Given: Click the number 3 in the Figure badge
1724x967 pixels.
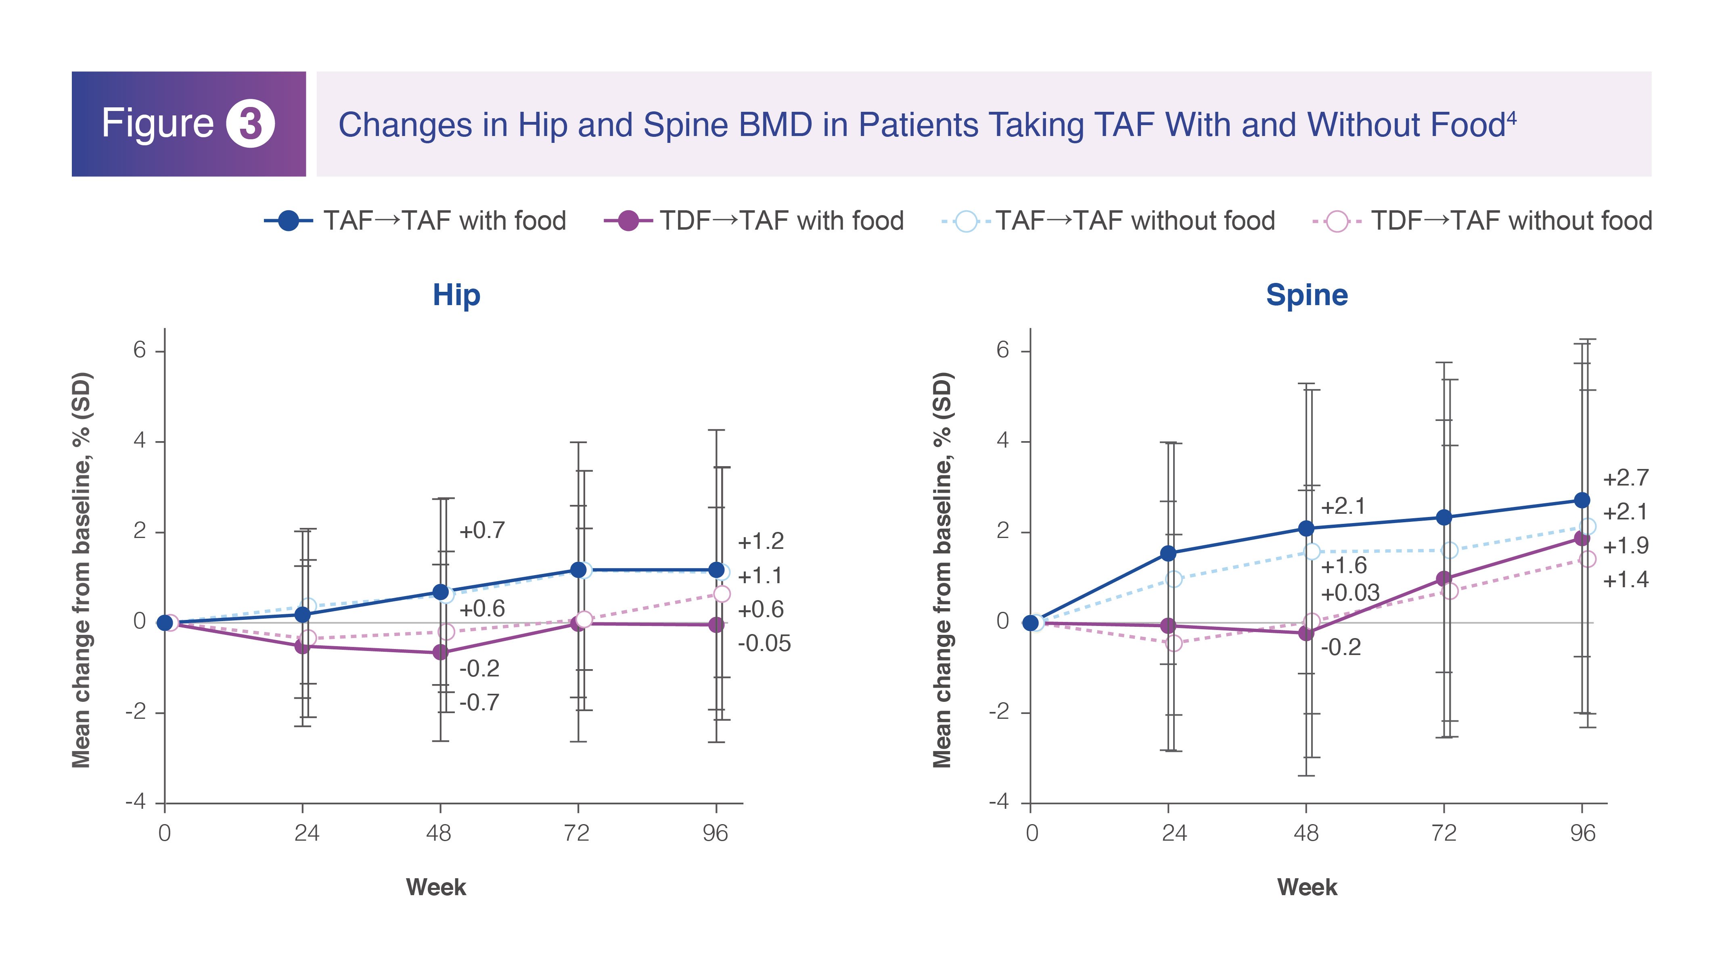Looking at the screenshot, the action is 250,124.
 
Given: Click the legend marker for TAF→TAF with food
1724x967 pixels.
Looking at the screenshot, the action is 289,220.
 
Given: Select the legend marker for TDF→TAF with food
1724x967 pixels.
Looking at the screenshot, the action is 628,220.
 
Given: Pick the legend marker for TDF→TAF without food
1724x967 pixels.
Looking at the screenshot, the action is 1337,221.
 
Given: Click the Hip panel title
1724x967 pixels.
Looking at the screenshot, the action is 456,295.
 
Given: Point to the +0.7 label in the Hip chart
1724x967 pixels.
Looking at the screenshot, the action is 482,531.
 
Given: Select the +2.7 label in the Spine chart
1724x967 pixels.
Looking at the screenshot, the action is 1626,479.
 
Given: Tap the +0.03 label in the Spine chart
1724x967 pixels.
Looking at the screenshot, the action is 1350,593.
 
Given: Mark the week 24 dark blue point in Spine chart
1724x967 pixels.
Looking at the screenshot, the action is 1169,553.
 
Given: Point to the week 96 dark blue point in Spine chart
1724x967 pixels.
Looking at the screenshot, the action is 1582,500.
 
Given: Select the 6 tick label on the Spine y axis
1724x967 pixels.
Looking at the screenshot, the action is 1002,350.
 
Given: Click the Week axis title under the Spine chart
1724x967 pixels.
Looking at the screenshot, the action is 1307,887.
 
